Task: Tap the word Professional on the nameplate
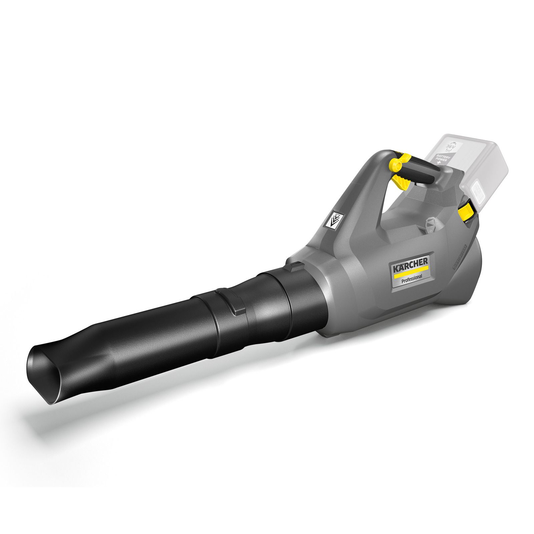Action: click(412, 277)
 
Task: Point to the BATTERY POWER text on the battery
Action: click(444, 157)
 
